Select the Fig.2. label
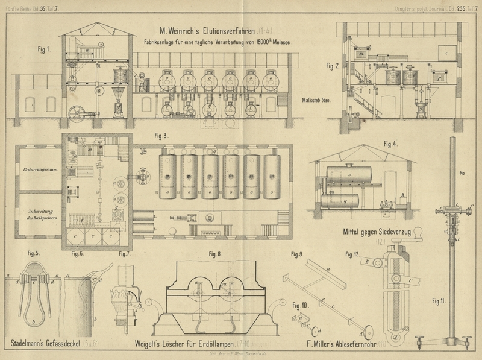(x=333, y=65)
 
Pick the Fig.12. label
(x=353, y=254)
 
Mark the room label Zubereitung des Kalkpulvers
(x=39, y=214)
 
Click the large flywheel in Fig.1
(x=78, y=113)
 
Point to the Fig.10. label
(x=300, y=305)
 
